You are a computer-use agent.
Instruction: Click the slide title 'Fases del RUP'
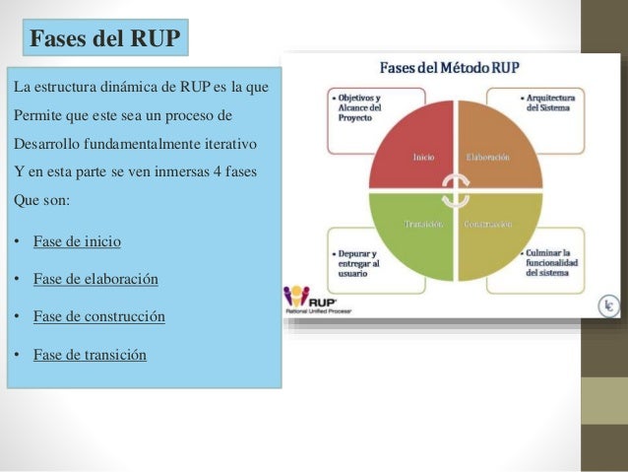(105, 39)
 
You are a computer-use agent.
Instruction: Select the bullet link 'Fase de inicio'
(78, 241)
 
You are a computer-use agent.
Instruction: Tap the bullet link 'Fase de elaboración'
(95, 279)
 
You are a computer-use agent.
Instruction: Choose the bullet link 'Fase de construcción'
(99, 316)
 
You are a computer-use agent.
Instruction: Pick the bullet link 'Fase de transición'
(90, 354)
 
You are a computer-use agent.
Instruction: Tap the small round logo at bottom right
(610, 307)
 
